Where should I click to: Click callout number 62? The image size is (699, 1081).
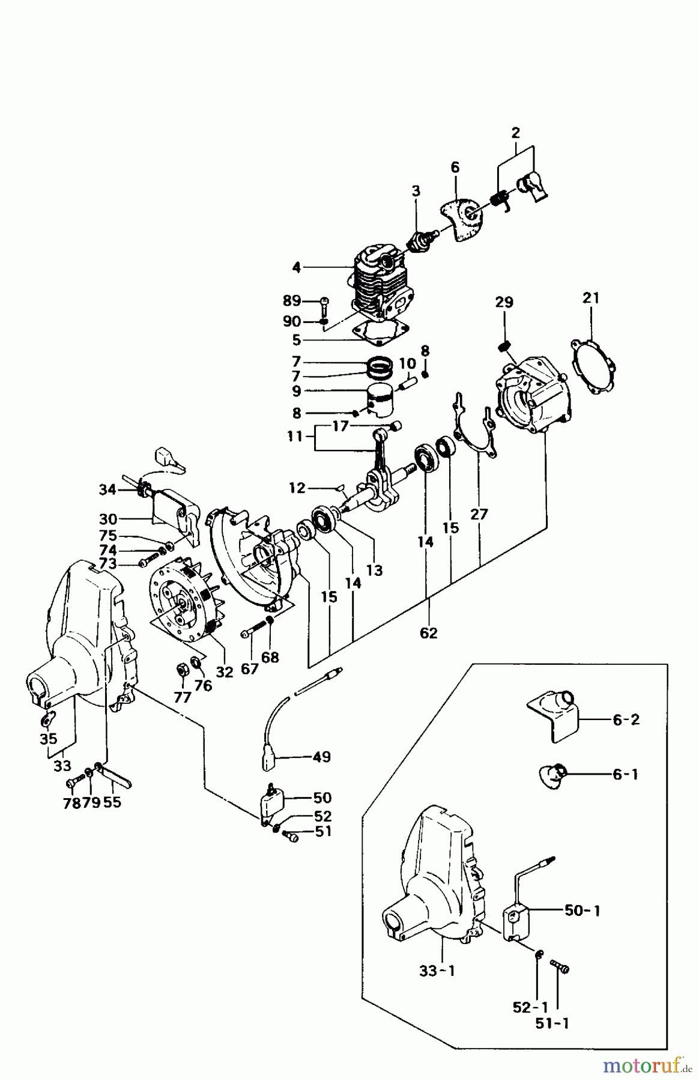tap(429, 632)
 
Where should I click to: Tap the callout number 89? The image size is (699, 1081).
tap(292, 300)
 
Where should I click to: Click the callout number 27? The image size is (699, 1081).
tap(479, 514)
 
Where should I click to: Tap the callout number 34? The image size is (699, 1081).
tap(108, 490)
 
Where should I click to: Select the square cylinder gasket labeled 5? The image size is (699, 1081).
tap(383, 333)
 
